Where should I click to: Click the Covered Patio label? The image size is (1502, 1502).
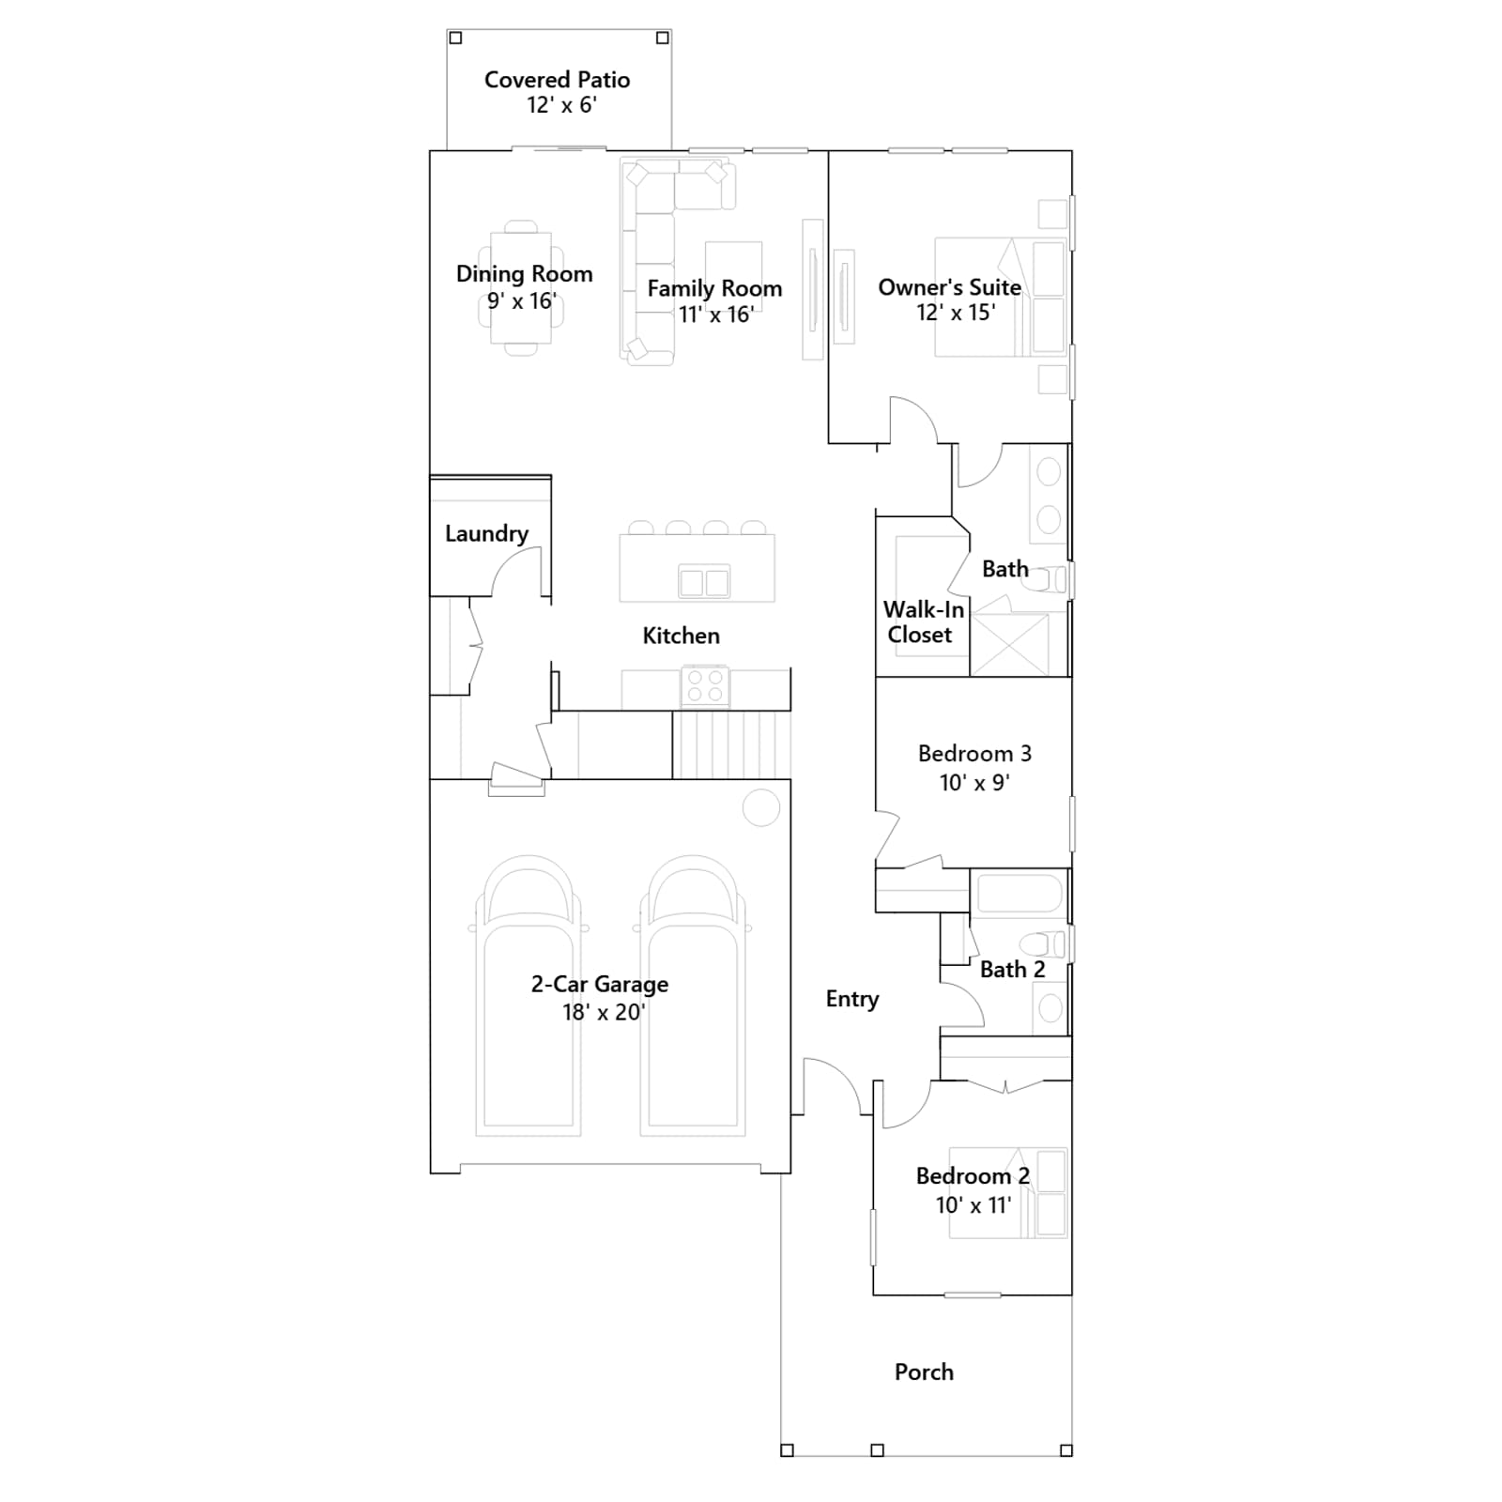pyautogui.click(x=558, y=80)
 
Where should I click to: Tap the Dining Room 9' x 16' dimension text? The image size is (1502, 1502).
pyautogui.click(x=522, y=301)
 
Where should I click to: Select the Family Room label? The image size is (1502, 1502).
pyautogui.click(x=714, y=288)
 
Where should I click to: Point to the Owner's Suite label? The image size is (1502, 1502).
pyautogui.click(x=949, y=287)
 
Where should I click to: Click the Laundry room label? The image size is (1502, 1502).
pyautogui.click(x=486, y=533)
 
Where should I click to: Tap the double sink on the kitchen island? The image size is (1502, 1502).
pyautogui.click(x=704, y=582)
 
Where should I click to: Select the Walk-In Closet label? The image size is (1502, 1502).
pyautogui.click(x=923, y=622)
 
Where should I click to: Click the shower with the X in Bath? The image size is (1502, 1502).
pyautogui.click(x=1010, y=644)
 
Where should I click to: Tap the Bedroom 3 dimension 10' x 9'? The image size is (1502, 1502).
pyautogui.click(x=974, y=783)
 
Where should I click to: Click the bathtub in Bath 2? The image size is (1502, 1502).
pyautogui.click(x=1019, y=893)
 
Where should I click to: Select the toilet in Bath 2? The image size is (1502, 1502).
pyautogui.click(x=1044, y=944)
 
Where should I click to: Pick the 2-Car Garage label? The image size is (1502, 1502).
pyautogui.click(x=600, y=984)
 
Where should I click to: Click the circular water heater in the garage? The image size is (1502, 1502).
pyautogui.click(x=761, y=807)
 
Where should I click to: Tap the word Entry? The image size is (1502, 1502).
pyautogui.click(x=852, y=999)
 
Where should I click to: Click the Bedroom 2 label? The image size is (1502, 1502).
pyautogui.click(x=973, y=1176)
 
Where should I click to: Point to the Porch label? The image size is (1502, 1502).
pyautogui.click(x=924, y=1372)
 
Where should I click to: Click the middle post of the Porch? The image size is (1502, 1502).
pyautogui.click(x=878, y=1450)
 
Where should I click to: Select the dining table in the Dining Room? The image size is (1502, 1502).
pyautogui.click(x=521, y=288)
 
